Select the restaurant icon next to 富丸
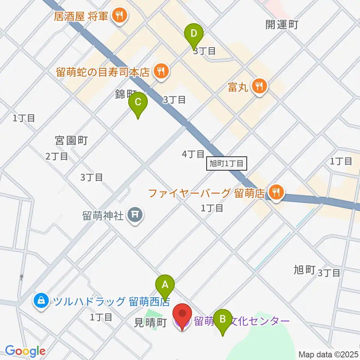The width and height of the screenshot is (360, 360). point(258,85)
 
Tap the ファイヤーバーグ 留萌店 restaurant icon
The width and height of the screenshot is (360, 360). point(276,193)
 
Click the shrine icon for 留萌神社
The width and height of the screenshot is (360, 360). point(135,215)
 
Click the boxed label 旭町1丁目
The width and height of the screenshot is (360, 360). point(226,164)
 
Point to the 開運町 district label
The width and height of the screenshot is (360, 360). point(282,25)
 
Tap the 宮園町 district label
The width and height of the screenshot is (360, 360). point(71,141)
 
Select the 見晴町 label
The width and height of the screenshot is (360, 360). point(150,323)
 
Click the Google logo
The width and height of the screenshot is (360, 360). point(25,351)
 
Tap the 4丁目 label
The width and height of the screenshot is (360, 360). point(193,154)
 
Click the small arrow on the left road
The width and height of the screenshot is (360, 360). point(22,277)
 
